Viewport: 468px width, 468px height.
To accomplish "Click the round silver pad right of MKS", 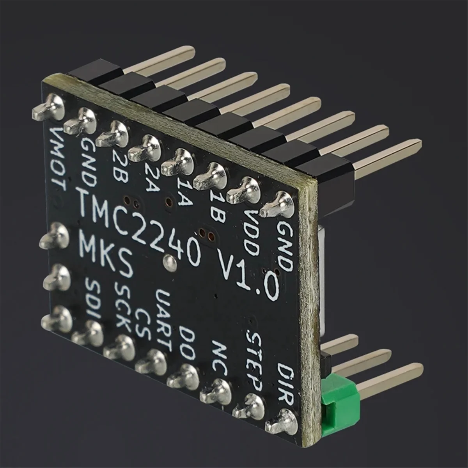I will pos(169,262).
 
